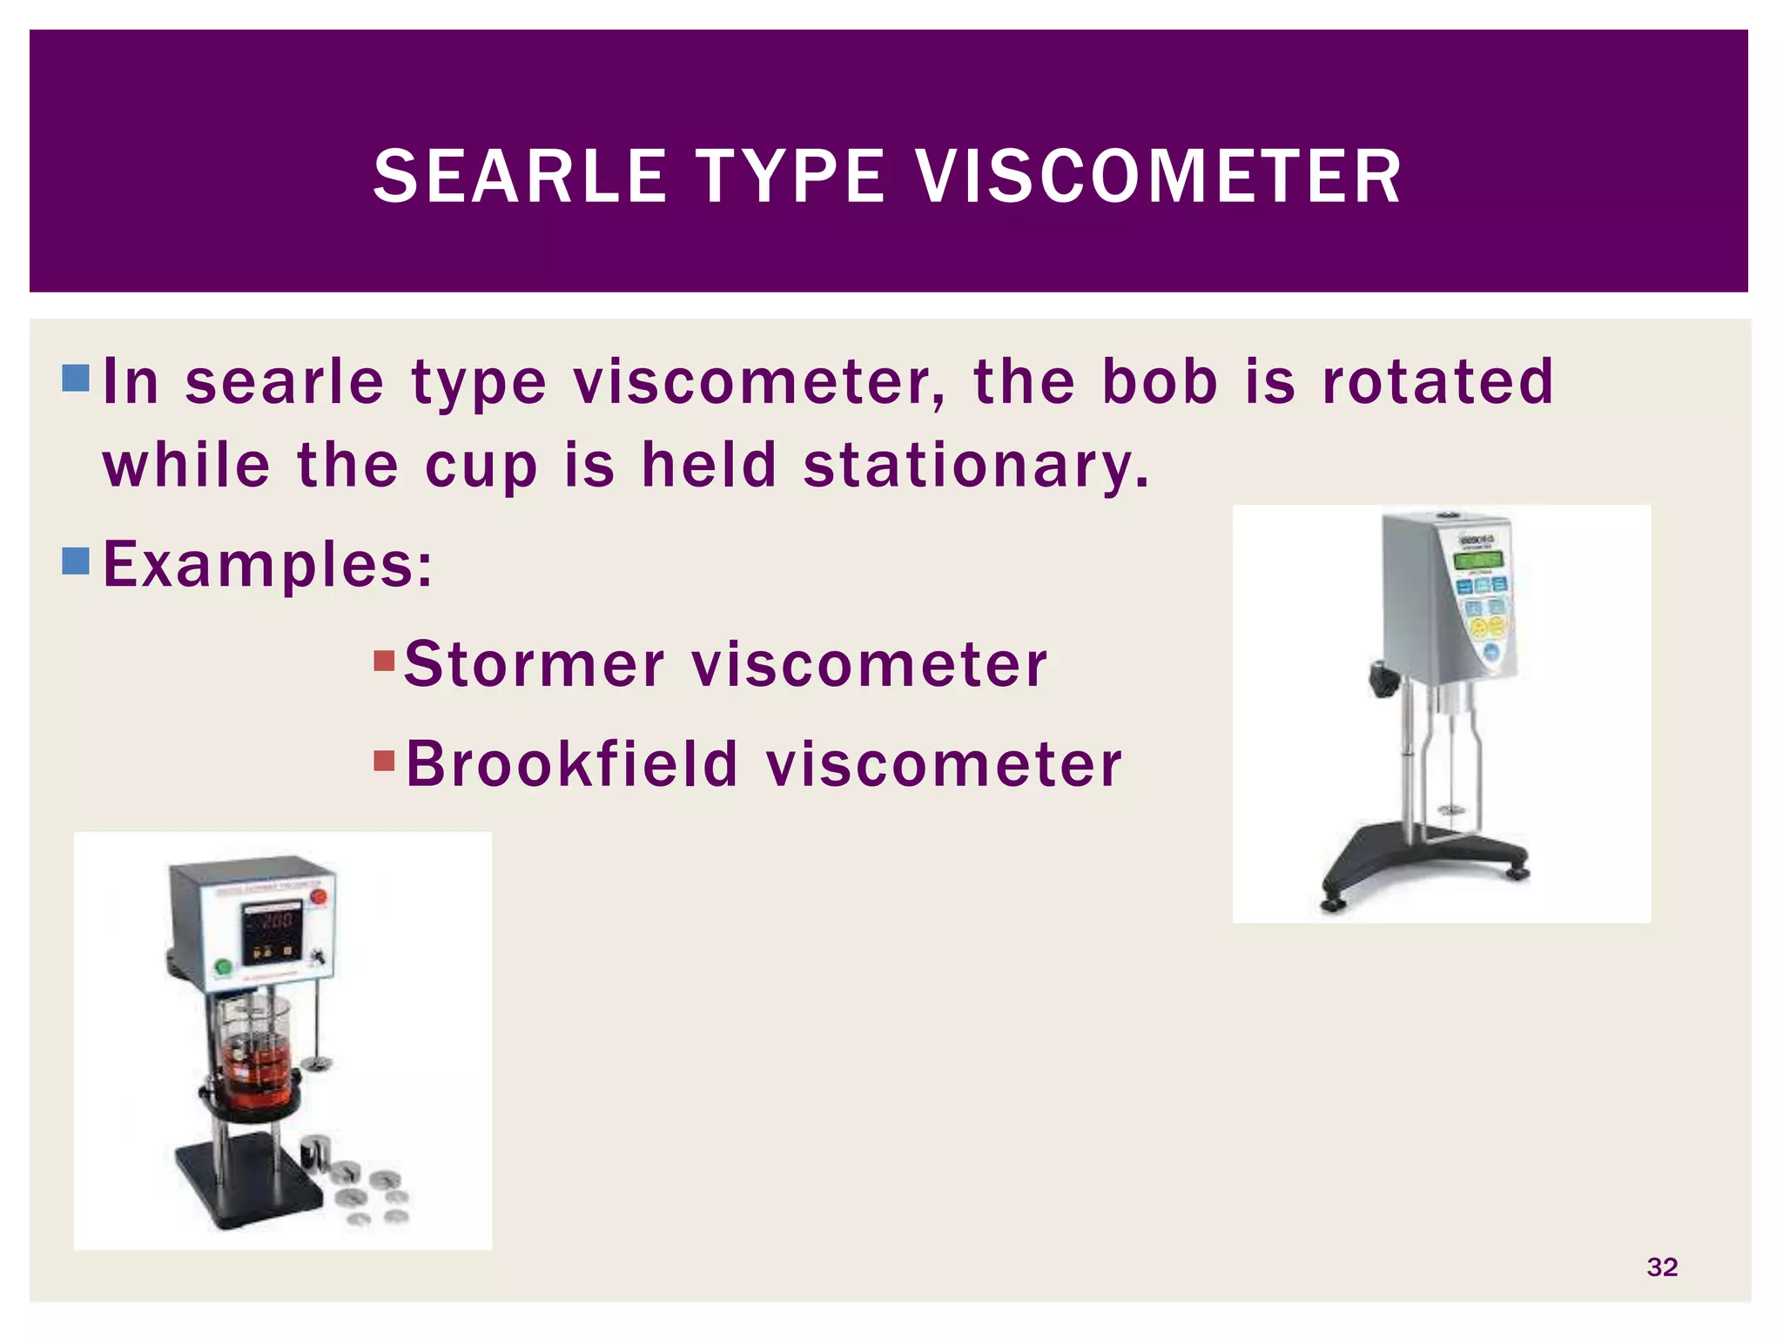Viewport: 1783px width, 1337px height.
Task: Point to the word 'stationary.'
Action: click(x=976, y=465)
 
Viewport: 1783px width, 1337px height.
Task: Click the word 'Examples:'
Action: click(x=267, y=565)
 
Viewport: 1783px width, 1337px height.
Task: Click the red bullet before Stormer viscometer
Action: click(x=384, y=661)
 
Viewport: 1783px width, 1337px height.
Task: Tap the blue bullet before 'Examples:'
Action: click(x=77, y=561)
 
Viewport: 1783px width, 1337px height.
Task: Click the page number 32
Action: click(x=1662, y=1267)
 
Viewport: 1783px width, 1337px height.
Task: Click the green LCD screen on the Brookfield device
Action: click(x=1479, y=560)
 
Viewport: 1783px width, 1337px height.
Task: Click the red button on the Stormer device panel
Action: click(x=319, y=897)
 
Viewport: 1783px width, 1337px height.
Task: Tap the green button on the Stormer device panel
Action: click(x=223, y=966)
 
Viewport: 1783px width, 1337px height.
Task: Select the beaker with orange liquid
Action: click(x=255, y=1055)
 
